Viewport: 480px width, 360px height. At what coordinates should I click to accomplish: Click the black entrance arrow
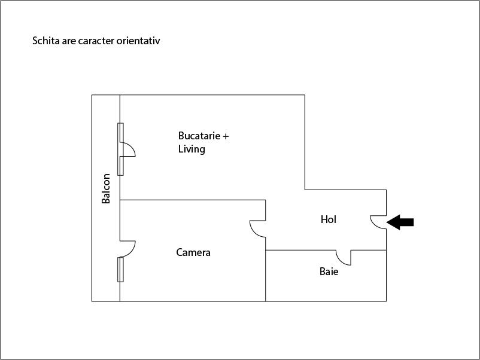(400, 222)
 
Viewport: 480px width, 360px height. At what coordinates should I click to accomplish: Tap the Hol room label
(329, 219)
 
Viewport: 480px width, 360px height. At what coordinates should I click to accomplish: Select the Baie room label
(329, 271)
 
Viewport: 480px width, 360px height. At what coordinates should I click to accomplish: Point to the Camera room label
(193, 252)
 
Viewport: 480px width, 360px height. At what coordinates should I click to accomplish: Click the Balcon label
(106, 188)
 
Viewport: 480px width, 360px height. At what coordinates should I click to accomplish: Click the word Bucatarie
(199, 136)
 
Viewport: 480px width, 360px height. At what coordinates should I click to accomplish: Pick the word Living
(192, 150)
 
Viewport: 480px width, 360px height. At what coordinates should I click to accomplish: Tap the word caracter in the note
(96, 41)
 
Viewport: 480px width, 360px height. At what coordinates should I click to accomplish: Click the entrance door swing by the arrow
(378, 222)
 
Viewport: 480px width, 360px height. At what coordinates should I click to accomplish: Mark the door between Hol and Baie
(344, 258)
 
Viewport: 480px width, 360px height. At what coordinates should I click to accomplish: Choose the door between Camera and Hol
(257, 229)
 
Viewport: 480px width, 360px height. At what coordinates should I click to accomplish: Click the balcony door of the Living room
(127, 150)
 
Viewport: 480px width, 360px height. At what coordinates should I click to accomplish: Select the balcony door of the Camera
(127, 249)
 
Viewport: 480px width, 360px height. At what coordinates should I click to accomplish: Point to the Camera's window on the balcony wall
(121, 270)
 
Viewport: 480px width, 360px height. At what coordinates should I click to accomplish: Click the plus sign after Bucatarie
(226, 136)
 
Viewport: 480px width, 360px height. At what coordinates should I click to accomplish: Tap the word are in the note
(69, 41)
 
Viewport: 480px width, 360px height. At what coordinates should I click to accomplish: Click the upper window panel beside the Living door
(121, 133)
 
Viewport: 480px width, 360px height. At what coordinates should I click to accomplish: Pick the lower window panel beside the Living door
(121, 166)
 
